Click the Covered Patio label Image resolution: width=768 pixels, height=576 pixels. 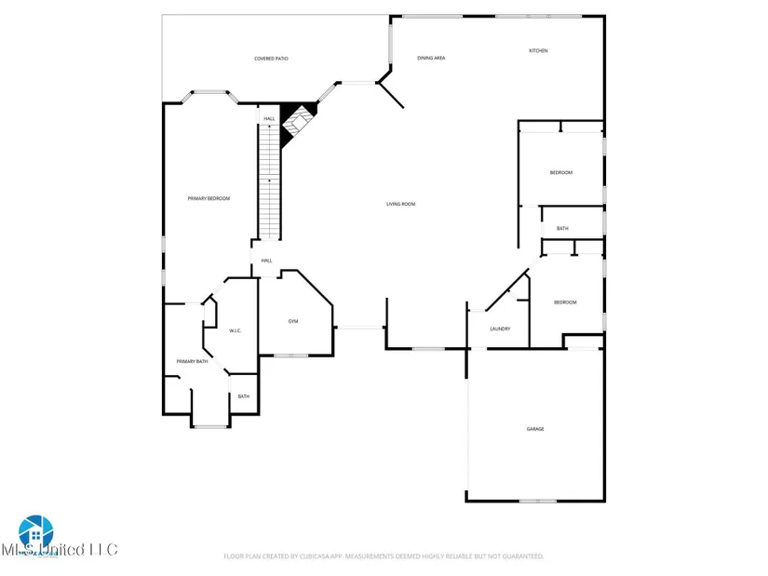point(271,59)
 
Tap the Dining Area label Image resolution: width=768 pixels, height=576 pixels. point(431,58)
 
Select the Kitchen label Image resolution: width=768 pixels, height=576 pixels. point(538,50)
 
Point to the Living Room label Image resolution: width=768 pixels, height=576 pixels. point(401,204)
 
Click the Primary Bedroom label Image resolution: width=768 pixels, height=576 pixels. point(209,198)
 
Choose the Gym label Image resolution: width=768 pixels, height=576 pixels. point(292,321)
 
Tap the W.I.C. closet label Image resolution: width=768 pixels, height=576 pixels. point(236,330)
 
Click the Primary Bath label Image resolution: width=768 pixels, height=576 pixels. point(190,361)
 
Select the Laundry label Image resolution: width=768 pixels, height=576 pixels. point(500,328)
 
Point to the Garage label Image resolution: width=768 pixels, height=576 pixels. point(535,429)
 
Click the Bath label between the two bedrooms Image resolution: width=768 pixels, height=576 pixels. point(562,228)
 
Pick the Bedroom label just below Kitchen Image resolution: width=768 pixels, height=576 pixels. point(560,172)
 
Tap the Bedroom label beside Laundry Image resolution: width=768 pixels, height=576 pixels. point(565,302)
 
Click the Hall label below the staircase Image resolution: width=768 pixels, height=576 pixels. point(266,261)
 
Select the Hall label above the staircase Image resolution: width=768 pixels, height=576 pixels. point(269,118)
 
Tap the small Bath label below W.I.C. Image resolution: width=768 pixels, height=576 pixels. point(243,396)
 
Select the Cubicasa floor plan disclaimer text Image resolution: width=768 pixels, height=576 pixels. point(384,556)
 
